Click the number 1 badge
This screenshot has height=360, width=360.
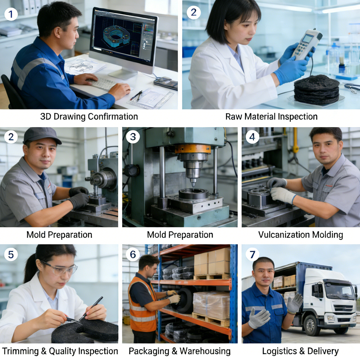tap(11, 14)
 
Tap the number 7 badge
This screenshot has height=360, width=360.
tap(252, 255)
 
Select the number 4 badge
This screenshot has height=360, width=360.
tap(252, 137)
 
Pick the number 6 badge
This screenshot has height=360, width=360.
tap(133, 255)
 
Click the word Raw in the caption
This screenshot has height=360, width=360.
tap(234, 117)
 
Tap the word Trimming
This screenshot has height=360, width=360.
tap(20, 351)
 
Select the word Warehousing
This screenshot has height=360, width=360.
tap(205, 351)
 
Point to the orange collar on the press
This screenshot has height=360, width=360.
tap(193, 149)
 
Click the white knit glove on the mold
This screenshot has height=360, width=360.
tap(282, 195)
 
